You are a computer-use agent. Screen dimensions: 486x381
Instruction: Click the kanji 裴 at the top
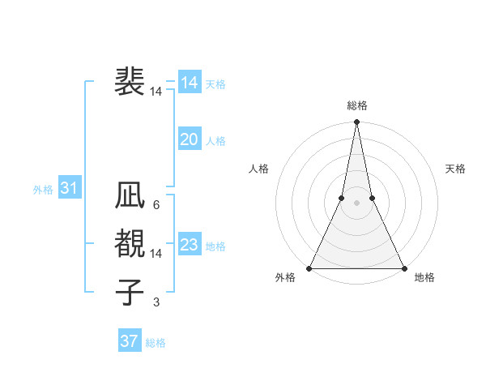(x=130, y=82)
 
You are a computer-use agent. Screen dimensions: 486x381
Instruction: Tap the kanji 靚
(x=130, y=244)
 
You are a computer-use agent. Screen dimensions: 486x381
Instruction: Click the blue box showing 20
(x=190, y=139)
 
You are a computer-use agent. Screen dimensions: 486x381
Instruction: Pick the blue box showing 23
(x=190, y=245)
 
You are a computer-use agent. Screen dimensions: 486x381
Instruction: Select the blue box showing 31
(x=70, y=189)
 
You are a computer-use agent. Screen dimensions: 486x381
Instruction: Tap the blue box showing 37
(x=130, y=341)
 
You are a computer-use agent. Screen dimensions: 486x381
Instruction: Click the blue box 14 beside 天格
(x=190, y=83)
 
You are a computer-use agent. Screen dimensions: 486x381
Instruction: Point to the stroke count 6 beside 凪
(x=156, y=205)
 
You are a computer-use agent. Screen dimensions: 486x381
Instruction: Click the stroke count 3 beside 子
(x=156, y=302)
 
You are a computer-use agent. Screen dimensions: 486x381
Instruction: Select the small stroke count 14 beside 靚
(x=156, y=254)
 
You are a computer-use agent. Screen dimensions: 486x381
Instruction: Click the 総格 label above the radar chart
(x=356, y=105)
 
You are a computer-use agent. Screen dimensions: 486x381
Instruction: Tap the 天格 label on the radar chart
(x=455, y=169)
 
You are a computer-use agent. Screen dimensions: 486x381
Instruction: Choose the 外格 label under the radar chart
(x=285, y=278)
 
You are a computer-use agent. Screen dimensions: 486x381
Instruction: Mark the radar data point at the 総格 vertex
(x=356, y=122)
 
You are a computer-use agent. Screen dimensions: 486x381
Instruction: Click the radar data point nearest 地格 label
(x=403, y=268)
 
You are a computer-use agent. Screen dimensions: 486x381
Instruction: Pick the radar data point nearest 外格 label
(x=310, y=268)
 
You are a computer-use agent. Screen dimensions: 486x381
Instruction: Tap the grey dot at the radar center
(x=356, y=203)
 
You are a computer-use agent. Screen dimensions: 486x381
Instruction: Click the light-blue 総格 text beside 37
(x=156, y=343)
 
